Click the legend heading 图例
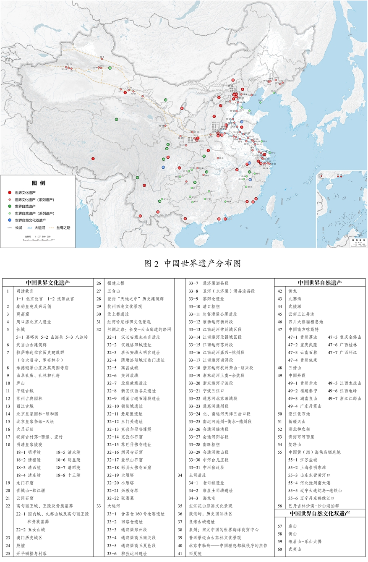39,183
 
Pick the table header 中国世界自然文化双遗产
320,513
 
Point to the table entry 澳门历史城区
30,537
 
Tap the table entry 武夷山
295,549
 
